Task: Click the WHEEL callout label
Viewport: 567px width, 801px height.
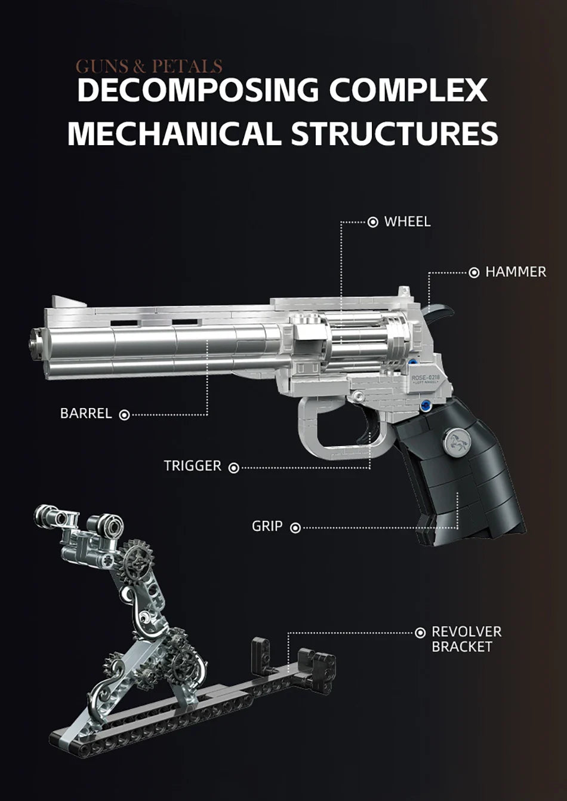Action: tap(407, 222)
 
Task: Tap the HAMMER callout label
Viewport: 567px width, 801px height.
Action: tap(515, 272)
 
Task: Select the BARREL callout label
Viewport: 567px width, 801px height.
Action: tap(86, 413)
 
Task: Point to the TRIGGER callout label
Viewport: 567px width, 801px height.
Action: tap(192, 466)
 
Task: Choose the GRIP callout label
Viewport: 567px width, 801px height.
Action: tap(267, 526)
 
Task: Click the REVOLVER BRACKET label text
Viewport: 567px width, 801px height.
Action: tap(466, 639)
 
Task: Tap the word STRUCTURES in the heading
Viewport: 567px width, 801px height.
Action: tap(395, 133)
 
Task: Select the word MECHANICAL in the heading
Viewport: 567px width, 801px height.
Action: tap(174, 133)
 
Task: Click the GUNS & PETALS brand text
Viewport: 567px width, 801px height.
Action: tap(149, 66)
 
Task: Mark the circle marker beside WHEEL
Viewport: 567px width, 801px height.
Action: tap(373, 222)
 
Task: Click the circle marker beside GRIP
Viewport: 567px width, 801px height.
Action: tap(295, 527)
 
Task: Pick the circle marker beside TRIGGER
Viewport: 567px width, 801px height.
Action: tap(234, 467)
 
